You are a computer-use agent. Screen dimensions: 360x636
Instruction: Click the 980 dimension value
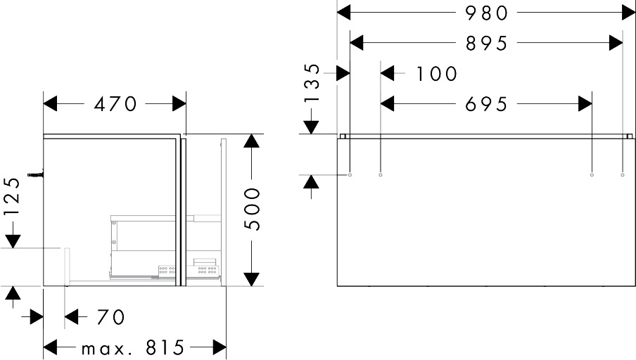(487, 12)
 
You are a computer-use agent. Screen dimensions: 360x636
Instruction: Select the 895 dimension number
(487, 43)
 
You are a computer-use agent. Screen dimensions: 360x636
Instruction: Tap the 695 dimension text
(487, 104)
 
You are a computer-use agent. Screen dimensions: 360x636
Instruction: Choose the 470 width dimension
(115, 104)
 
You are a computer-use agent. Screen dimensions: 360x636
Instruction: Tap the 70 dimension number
(110, 317)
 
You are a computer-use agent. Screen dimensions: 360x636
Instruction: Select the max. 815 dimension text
(132, 347)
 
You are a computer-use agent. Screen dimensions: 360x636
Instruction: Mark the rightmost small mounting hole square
(623, 174)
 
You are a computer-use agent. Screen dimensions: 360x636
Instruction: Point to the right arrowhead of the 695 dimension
(585, 104)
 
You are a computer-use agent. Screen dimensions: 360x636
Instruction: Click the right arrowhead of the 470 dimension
(179, 104)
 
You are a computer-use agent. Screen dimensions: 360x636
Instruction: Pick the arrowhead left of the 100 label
(388, 73)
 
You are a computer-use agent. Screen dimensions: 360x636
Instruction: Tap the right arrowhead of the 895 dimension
(616, 43)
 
